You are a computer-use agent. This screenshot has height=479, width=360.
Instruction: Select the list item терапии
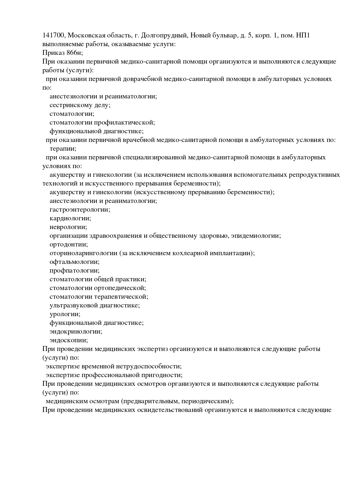coord(63,149)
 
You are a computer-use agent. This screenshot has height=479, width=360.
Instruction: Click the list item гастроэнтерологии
coord(80,210)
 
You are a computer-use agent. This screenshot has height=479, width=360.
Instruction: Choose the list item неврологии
coord(68,227)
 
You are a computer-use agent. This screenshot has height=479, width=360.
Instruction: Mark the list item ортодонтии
coord(69,244)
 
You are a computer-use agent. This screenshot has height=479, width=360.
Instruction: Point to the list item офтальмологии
coord(74,262)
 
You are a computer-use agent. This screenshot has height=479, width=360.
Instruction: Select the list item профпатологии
coord(74,271)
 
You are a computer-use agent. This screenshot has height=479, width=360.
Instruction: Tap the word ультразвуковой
coord(74,305)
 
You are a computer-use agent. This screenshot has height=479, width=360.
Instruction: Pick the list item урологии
coord(65,314)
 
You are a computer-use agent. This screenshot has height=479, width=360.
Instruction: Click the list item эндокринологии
coord(76,332)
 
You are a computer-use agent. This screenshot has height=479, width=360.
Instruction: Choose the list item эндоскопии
coord(69,340)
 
